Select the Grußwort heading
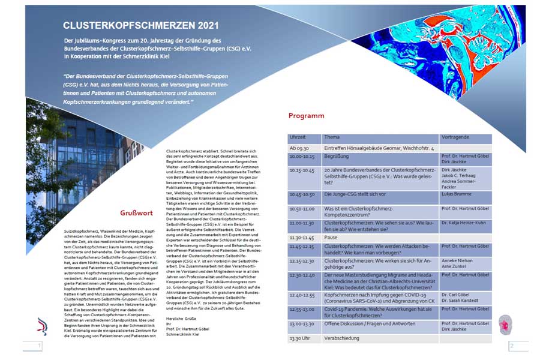point(137,212)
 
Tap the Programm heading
point(306,116)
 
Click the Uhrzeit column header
point(298,137)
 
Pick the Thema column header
point(332,137)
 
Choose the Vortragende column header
point(455,137)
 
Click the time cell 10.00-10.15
point(302,156)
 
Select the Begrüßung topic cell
point(337,156)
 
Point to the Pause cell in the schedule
point(331,238)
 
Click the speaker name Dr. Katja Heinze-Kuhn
point(464,222)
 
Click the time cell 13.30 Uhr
point(300,339)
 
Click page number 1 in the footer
point(39,346)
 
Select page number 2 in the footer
point(511,346)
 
